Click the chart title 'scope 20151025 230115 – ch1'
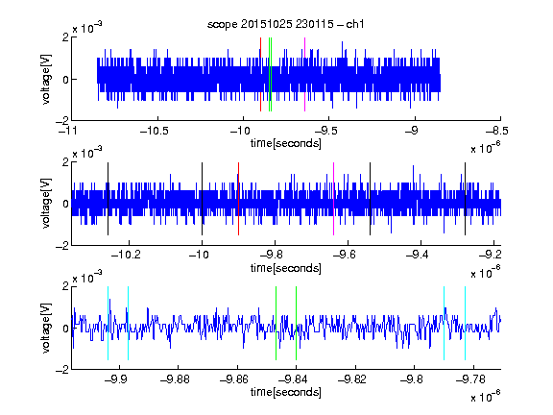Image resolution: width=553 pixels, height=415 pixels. click(x=285, y=24)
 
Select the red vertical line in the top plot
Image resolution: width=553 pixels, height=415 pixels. click(x=260, y=75)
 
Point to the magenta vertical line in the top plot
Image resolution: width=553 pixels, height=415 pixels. click(x=304, y=75)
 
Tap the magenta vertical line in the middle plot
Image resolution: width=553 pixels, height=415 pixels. click(x=334, y=199)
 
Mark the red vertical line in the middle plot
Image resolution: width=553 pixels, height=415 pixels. click(x=238, y=199)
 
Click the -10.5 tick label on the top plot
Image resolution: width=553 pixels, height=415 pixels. click(x=155, y=131)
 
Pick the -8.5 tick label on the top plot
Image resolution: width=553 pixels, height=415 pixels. click(x=497, y=131)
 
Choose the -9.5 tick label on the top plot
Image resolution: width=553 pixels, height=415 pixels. click(x=325, y=131)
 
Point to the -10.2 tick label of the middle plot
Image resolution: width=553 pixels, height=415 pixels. click(x=126, y=255)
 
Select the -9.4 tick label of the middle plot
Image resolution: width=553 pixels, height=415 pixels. click(x=418, y=255)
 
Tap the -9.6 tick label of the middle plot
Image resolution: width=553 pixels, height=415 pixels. click(x=344, y=255)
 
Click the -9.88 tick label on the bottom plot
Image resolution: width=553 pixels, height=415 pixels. click(x=175, y=379)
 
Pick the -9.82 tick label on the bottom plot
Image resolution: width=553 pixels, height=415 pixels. click(x=352, y=379)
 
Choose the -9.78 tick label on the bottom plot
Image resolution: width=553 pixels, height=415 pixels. click(x=470, y=379)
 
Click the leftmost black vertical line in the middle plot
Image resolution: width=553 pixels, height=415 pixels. click(x=108, y=199)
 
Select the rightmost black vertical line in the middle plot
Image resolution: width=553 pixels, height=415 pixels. click(x=466, y=199)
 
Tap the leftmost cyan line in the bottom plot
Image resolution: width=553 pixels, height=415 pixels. click(x=108, y=323)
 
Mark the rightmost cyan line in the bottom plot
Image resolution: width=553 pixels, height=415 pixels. click(x=466, y=323)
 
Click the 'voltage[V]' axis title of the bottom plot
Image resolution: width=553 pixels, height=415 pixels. click(x=46, y=329)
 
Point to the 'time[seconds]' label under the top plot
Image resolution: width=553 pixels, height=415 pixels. click(x=286, y=143)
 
